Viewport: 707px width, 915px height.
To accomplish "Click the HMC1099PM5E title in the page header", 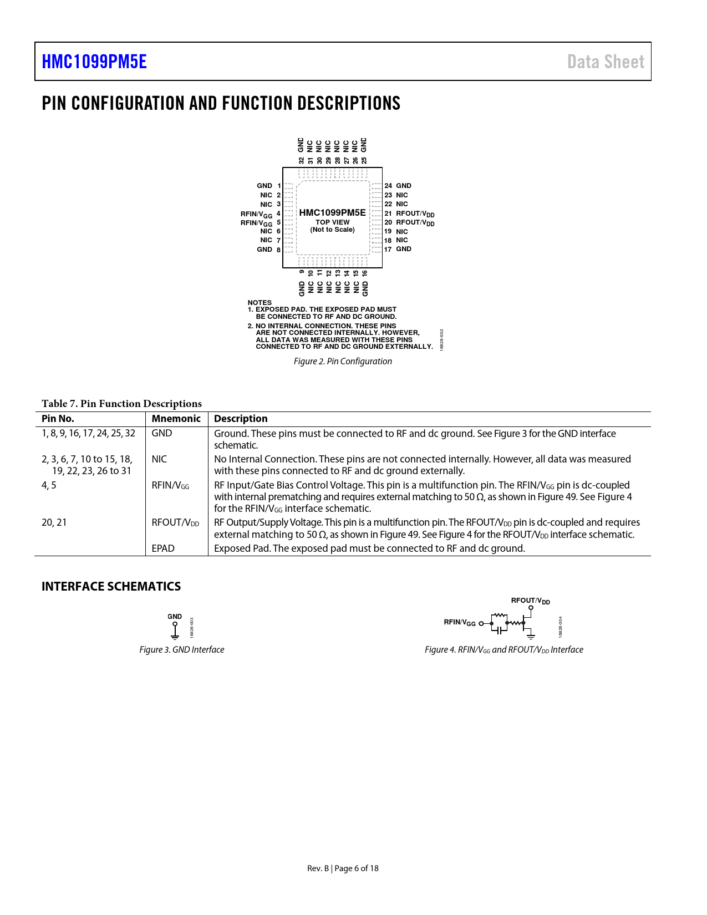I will pyautogui.click(x=94, y=62).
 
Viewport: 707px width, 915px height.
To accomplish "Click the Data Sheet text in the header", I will pyautogui.click(x=606, y=62).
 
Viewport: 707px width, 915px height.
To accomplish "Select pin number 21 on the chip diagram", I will pyautogui.click(x=388, y=213).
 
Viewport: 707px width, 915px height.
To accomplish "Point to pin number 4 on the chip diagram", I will pyautogui.click(x=278, y=213).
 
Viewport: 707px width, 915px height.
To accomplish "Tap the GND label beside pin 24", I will pyautogui.click(x=404, y=186).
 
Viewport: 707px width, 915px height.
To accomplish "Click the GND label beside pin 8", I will pyautogui.click(x=265, y=250).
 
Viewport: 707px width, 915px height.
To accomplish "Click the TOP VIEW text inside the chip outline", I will pyautogui.click(x=333, y=222).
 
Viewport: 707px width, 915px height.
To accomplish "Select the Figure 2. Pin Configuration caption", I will pyautogui.click(x=343, y=362).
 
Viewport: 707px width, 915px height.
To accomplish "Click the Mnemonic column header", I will pyautogui.click(x=176, y=419).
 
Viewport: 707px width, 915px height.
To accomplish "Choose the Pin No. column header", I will pyautogui.click(x=58, y=419).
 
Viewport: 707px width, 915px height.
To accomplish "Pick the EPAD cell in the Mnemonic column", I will pyautogui.click(x=163, y=548).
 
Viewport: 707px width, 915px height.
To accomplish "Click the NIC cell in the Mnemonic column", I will pyautogui.click(x=159, y=459).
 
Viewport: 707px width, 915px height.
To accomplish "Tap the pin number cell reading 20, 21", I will pyautogui.click(x=54, y=522).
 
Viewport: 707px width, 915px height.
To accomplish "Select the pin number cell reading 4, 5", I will pyautogui.click(x=49, y=485).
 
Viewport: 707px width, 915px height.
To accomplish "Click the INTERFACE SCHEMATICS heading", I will pyautogui.click(x=111, y=586).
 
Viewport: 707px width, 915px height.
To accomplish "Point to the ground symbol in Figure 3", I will pyautogui.click(x=175, y=633).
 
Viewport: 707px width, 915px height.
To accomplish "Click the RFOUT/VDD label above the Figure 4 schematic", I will pyautogui.click(x=530, y=601).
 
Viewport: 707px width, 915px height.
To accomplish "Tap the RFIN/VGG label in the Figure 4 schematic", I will pyautogui.click(x=460, y=622).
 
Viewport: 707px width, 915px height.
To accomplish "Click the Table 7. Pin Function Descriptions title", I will pyautogui.click(x=121, y=404).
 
